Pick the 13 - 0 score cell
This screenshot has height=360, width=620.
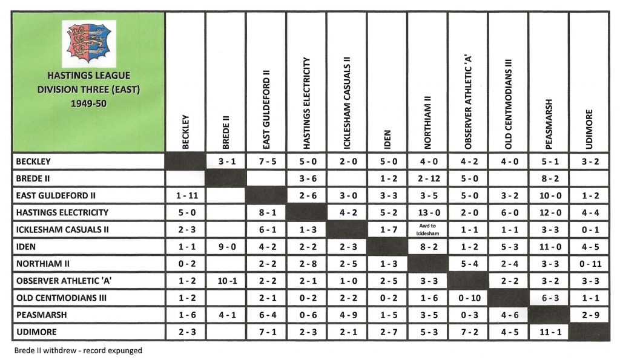tap(427, 212)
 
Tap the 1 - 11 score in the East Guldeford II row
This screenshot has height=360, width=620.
tap(185, 195)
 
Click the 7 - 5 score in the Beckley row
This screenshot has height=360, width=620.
tap(266, 162)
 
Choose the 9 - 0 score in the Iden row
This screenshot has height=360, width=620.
tap(226, 246)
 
